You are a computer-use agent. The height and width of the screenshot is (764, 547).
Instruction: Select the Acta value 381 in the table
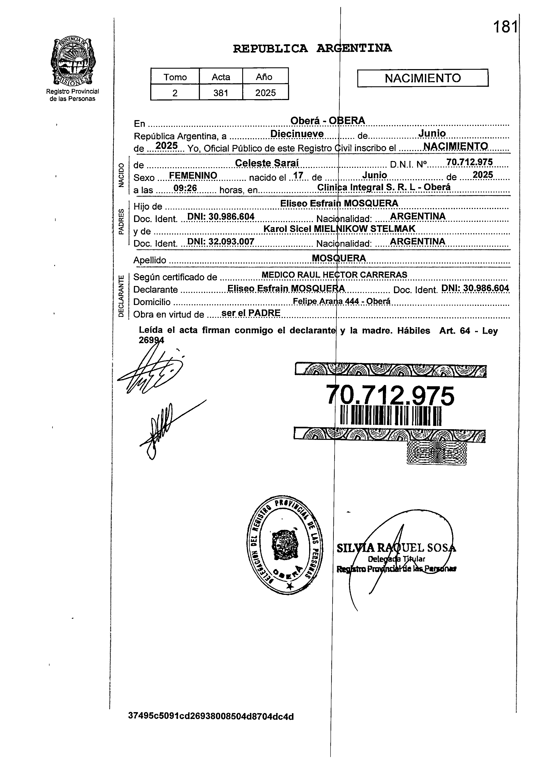click(x=221, y=93)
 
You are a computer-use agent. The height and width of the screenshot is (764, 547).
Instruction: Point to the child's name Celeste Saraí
click(x=267, y=163)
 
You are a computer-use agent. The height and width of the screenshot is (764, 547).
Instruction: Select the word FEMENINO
click(x=193, y=175)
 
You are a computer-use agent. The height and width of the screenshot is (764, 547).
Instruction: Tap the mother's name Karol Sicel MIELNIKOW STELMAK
click(x=339, y=229)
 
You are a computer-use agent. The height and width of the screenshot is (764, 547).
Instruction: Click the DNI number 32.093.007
click(x=221, y=242)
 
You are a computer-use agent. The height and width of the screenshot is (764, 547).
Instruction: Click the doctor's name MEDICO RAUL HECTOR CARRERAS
click(x=334, y=275)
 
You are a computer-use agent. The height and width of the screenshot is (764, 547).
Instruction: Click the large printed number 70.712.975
click(x=390, y=396)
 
